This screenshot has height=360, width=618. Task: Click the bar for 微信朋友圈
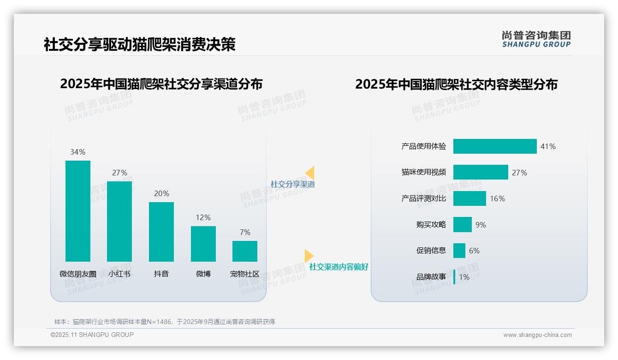click(x=78, y=211)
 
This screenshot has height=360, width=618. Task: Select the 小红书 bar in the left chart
click(x=119, y=222)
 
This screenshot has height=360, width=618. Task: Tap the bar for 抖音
click(x=161, y=232)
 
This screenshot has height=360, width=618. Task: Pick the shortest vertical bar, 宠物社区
click(x=245, y=251)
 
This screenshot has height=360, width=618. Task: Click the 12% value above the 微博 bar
click(x=203, y=217)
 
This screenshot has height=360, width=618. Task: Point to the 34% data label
click(x=77, y=152)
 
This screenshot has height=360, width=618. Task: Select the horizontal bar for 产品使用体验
click(x=495, y=146)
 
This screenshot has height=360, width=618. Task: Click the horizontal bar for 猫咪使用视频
click(x=481, y=172)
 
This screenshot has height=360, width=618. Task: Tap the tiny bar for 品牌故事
click(x=454, y=277)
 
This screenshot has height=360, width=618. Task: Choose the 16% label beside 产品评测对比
click(x=497, y=198)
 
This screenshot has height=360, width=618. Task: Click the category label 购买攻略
click(x=431, y=225)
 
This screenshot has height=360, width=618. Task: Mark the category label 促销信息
click(x=431, y=251)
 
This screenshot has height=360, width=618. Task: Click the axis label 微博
click(x=203, y=274)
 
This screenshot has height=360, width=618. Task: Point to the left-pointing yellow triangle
click(x=310, y=173)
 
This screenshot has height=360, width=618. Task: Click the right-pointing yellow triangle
click(x=309, y=256)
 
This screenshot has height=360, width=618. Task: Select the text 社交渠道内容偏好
click(x=339, y=267)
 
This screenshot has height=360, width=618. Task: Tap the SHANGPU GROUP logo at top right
click(x=536, y=39)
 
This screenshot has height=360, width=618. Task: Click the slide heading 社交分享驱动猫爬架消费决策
click(x=140, y=44)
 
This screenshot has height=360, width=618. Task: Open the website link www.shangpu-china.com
click(x=537, y=335)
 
